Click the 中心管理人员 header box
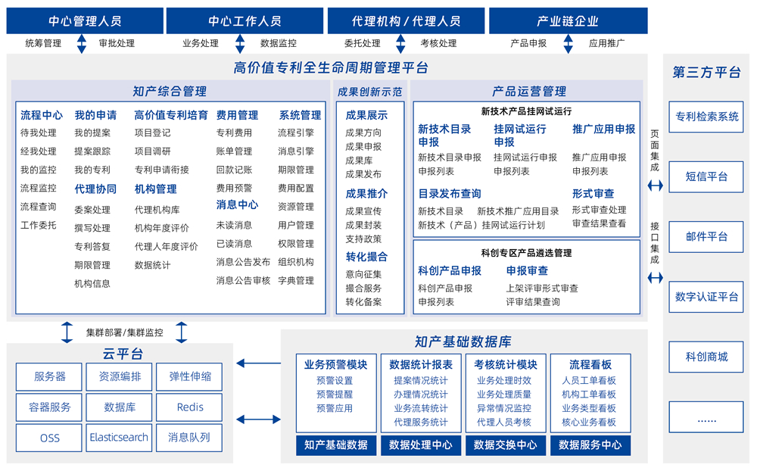pyautogui.click(x=84, y=21)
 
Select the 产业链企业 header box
pyautogui.click(x=568, y=21)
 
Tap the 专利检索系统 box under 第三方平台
pyautogui.click(x=706, y=117)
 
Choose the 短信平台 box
pyautogui.click(x=706, y=176)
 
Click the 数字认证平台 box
pyautogui.click(x=706, y=297)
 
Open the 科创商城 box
pyautogui.click(x=706, y=357)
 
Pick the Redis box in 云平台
pyautogui.click(x=190, y=407)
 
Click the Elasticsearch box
pyautogui.click(x=119, y=438)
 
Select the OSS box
pyautogui.click(x=49, y=438)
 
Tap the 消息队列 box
pyautogui.click(x=189, y=438)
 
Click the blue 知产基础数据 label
pyautogui.click(x=335, y=445)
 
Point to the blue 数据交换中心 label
pyautogui.click(x=505, y=445)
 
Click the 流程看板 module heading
pyautogui.click(x=590, y=364)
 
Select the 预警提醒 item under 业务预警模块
pyautogui.click(x=335, y=395)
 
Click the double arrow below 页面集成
pyautogui.click(x=656, y=186)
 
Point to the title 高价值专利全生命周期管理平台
pyautogui.click(x=331, y=68)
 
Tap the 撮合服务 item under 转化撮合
pyautogui.click(x=363, y=289)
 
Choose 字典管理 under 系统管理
pyautogui.click(x=295, y=280)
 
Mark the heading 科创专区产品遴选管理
pyautogui.click(x=526, y=253)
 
